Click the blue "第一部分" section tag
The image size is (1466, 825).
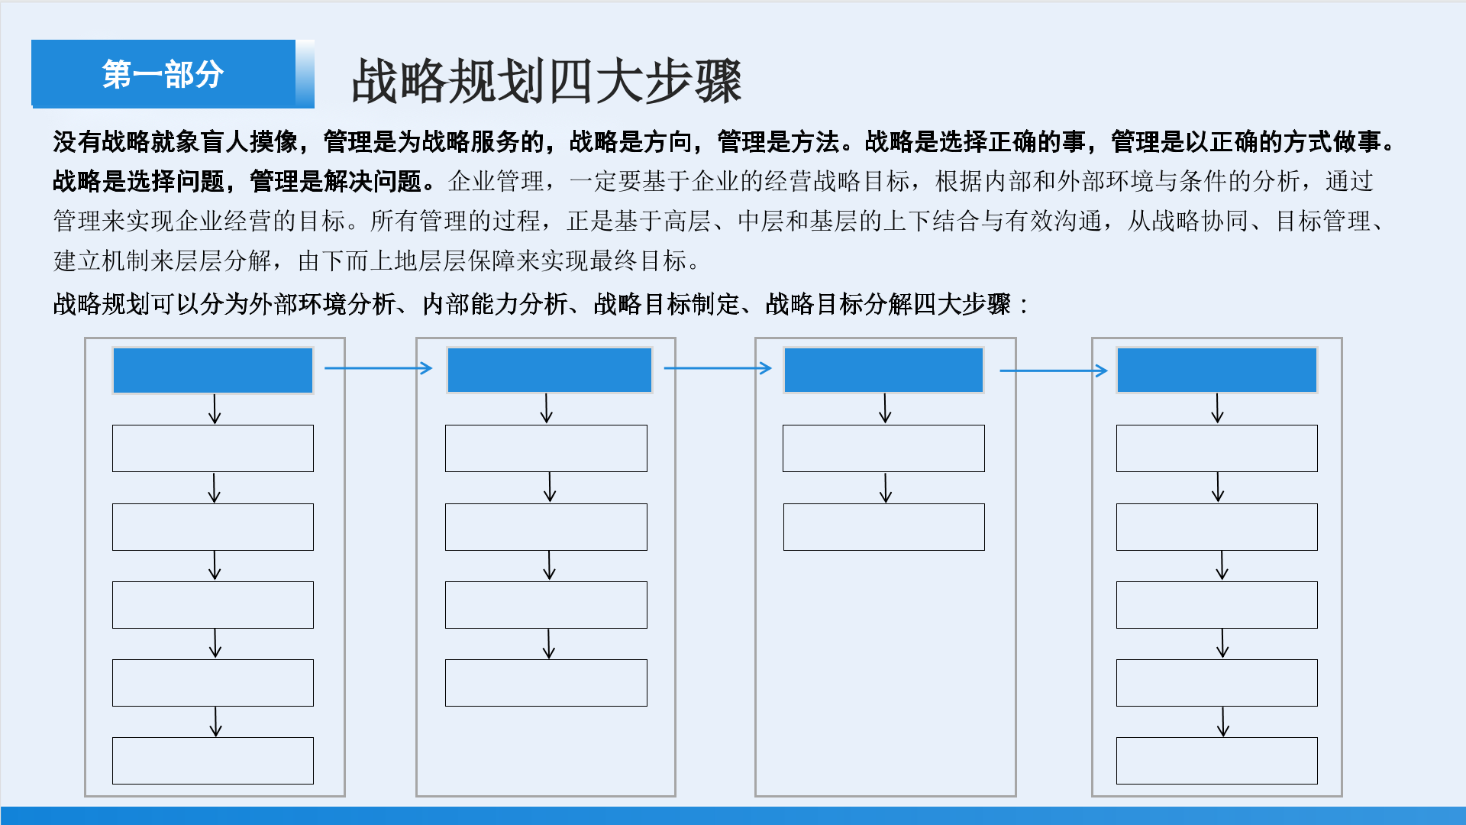coord(163,73)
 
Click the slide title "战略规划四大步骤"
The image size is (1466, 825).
coord(547,81)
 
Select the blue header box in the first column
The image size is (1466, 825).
coord(213,370)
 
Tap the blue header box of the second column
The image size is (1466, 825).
coord(550,370)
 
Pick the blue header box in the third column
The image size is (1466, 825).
coord(884,370)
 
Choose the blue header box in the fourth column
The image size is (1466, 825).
coord(1217,370)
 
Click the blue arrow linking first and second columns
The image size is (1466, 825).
coord(379,368)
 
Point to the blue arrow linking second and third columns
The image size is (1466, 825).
coord(718,368)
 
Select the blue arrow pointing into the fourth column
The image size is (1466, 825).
coord(1054,370)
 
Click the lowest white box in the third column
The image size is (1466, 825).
coord(884,527)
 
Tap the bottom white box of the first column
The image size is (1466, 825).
coord(213,761)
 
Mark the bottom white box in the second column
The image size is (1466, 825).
coord(547,683)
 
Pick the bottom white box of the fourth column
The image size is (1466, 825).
coord(1217,761)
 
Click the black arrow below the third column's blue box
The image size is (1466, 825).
coord(885,409)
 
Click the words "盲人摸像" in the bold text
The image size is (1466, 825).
coord(249,141)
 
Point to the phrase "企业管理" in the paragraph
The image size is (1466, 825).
coord(496,181)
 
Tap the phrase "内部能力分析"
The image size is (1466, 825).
coord(496,304)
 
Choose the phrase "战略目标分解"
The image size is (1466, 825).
coord(838,304)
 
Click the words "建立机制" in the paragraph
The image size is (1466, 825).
coord(102,260)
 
